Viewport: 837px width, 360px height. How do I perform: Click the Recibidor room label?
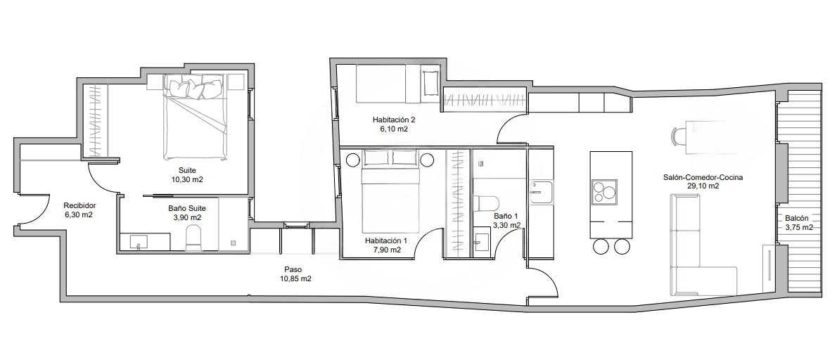coord(79,205)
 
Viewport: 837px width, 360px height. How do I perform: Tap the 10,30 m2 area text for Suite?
coord(187,180)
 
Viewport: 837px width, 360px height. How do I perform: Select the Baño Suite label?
coord(187,209)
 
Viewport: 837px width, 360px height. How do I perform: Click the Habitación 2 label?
coord(394,120)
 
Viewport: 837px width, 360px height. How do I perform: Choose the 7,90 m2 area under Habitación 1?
coord(386,250)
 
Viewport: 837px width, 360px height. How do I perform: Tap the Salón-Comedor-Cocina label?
coord(703,178)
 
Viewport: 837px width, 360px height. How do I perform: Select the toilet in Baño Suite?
coord(193,238)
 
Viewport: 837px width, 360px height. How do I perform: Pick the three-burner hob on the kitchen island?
coord(603,191)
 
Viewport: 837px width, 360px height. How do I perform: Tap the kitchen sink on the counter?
coord(542,192)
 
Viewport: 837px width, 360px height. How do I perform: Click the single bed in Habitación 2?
coord(398,84)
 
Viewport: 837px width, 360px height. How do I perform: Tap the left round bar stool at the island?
coord(601,246)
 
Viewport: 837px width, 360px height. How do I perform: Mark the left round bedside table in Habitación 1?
coord(353,160)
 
